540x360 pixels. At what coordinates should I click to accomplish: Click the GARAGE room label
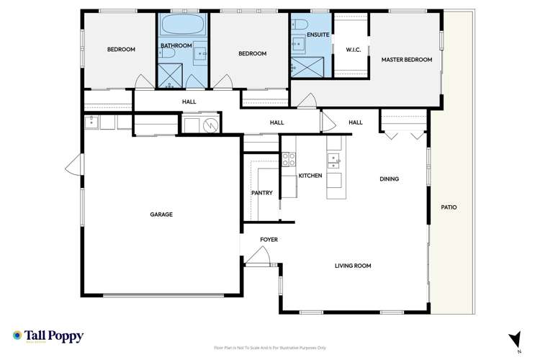161,214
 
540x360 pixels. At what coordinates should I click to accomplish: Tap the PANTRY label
261,193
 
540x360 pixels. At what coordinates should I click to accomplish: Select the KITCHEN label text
310,176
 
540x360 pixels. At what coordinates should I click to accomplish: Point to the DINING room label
390,179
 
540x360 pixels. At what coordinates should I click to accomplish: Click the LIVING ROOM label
353,266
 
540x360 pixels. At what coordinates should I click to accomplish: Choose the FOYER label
269,239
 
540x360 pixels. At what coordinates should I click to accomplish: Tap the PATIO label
449,207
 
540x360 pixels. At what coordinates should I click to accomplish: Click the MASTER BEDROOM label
407,60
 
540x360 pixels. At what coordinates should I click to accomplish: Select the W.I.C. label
353,50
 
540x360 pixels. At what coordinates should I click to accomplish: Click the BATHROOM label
176,45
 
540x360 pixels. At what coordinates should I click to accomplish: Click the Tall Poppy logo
48,336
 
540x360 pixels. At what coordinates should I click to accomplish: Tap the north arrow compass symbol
514,338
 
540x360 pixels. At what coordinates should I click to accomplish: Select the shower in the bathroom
170,73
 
